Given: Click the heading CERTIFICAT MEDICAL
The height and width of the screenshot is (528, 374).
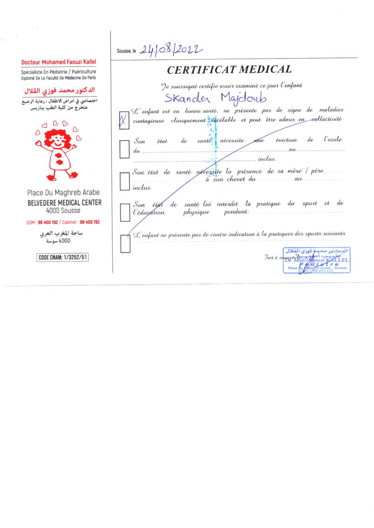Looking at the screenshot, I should pos(229,70).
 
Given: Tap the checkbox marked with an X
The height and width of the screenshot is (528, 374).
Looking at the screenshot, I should pos(124,120).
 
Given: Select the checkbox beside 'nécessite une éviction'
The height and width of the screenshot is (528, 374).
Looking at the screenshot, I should pos(124,149).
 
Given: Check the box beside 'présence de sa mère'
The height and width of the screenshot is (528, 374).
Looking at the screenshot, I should pos(124,181).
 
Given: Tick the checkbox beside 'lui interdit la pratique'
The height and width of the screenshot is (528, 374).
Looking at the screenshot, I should pos(125,212).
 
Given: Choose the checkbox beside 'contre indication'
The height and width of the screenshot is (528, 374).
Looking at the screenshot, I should pos(125,244).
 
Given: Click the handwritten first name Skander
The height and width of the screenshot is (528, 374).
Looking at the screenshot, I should pos(187,98).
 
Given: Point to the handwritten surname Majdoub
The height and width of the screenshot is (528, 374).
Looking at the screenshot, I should pos(243,98).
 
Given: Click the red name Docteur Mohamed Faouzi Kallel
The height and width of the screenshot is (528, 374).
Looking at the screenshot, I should pos(59,62).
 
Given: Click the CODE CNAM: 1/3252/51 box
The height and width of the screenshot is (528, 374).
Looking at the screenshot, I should pos(63,258).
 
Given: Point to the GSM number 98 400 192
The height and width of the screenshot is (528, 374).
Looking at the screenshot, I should pos(48,222).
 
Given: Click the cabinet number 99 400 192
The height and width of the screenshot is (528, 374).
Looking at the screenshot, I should pos(90,222).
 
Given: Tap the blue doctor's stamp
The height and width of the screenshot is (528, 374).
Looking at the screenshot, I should pos(317,260).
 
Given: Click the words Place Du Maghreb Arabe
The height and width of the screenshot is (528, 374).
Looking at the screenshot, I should pos(63,192).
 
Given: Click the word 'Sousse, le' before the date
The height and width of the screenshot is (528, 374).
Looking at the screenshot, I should pos(126,51).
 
